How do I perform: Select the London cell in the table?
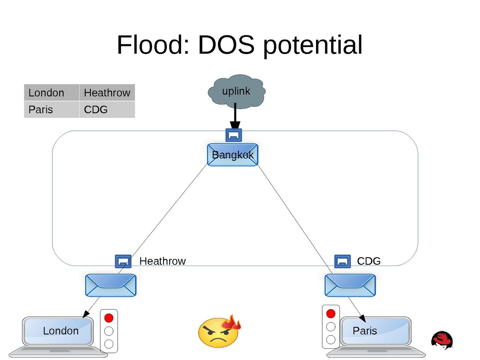52,93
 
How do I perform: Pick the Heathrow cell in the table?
107,93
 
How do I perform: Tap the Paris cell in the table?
52,110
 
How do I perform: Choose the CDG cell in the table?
107,110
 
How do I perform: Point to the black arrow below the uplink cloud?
235,116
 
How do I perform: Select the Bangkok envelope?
232,155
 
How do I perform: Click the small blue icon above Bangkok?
233,135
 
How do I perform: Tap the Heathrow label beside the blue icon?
162,261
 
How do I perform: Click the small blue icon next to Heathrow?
123,262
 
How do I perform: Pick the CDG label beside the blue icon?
369,261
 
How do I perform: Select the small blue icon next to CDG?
342,262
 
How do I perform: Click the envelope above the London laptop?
111,285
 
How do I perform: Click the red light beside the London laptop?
109,318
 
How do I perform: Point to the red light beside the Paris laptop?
331,314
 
